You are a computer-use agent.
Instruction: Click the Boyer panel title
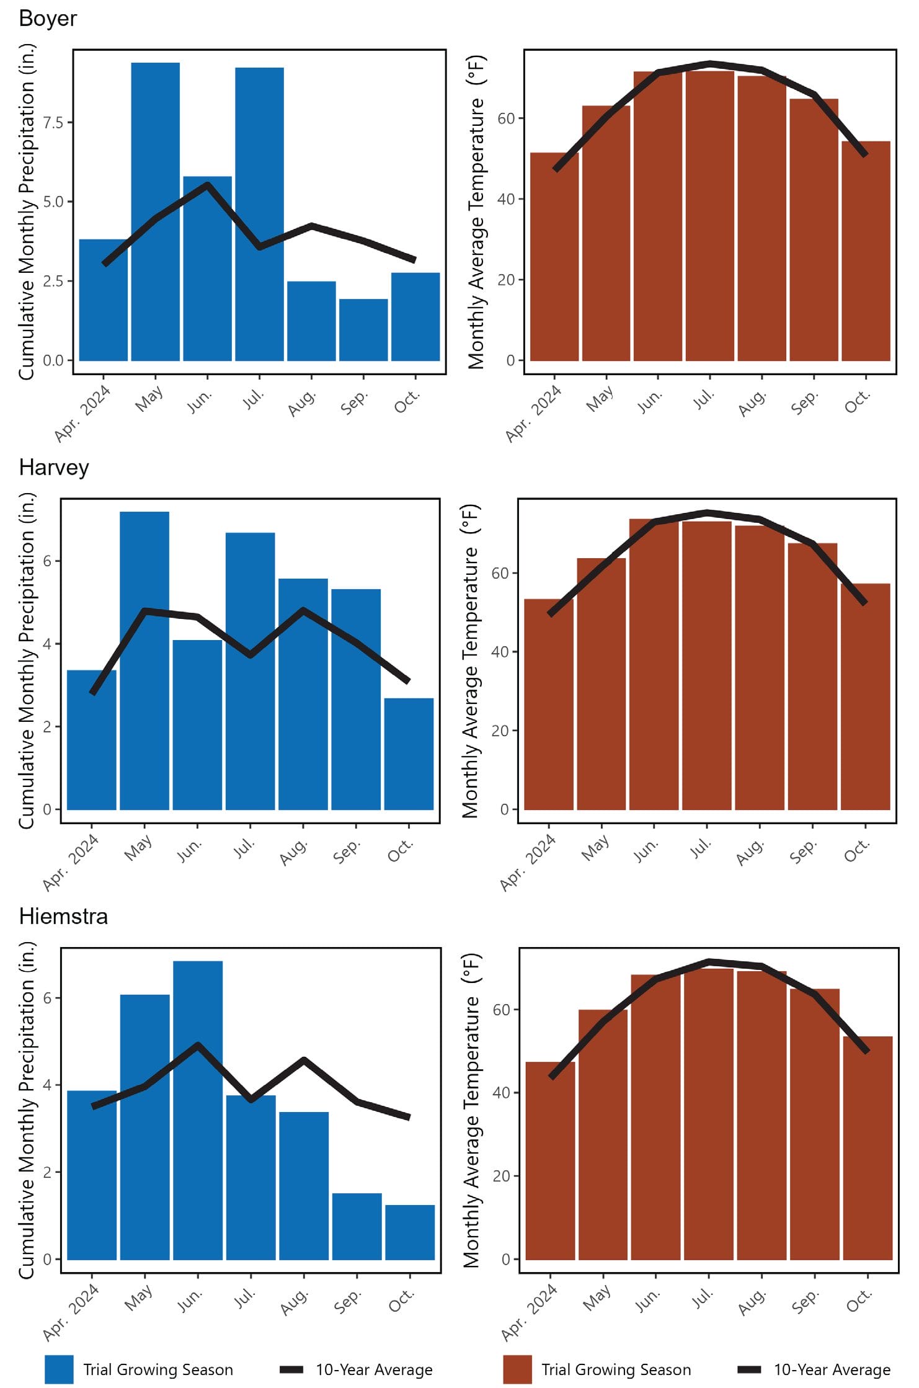tap(48, 19)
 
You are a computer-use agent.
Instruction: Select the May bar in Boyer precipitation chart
tap(155, 211)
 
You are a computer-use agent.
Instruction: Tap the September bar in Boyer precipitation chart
tap(363, 329)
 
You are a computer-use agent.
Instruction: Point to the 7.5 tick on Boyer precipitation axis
tap(53, 122)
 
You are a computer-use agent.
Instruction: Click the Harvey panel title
tap(54, 467)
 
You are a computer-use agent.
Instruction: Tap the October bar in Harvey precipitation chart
tap(409, 754)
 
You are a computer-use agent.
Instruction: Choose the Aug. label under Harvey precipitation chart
tap(293, 852)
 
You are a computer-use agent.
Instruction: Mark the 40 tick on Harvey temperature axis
tap(501, 652)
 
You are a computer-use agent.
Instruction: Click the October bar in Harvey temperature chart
tap(865, 696)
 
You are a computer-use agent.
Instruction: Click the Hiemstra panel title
tap(63, 916)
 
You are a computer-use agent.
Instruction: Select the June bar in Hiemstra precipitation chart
tap(198, 1110)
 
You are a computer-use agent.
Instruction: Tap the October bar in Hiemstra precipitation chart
tap(410, 1232)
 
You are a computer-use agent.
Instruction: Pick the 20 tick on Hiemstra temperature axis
tap(502, 1176)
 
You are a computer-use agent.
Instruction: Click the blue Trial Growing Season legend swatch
tap(59, 1369)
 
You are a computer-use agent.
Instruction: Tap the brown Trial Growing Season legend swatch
tap(517, 1369)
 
